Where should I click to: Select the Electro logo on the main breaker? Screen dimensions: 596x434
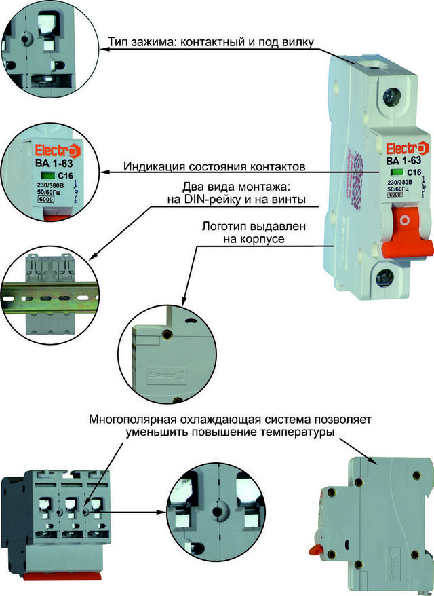coord(405,149)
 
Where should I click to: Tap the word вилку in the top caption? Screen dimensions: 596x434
coord(299,43)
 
